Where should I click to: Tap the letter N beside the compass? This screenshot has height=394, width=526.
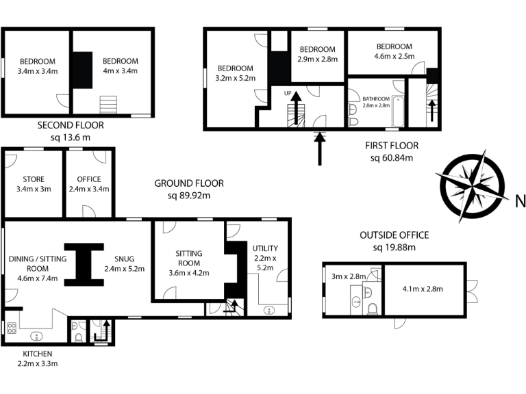point(519,200)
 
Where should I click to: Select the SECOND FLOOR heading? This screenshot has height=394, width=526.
point(71,125)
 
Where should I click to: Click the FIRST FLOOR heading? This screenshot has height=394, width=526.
point(391,146)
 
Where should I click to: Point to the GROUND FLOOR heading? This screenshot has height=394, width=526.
point(188,183)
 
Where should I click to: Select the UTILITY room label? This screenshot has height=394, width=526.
point(265,248)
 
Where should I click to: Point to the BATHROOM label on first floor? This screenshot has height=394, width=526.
point(376,98)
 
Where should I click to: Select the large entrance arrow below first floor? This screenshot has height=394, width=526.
point(319,149)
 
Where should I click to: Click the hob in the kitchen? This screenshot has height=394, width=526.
point(11,328)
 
